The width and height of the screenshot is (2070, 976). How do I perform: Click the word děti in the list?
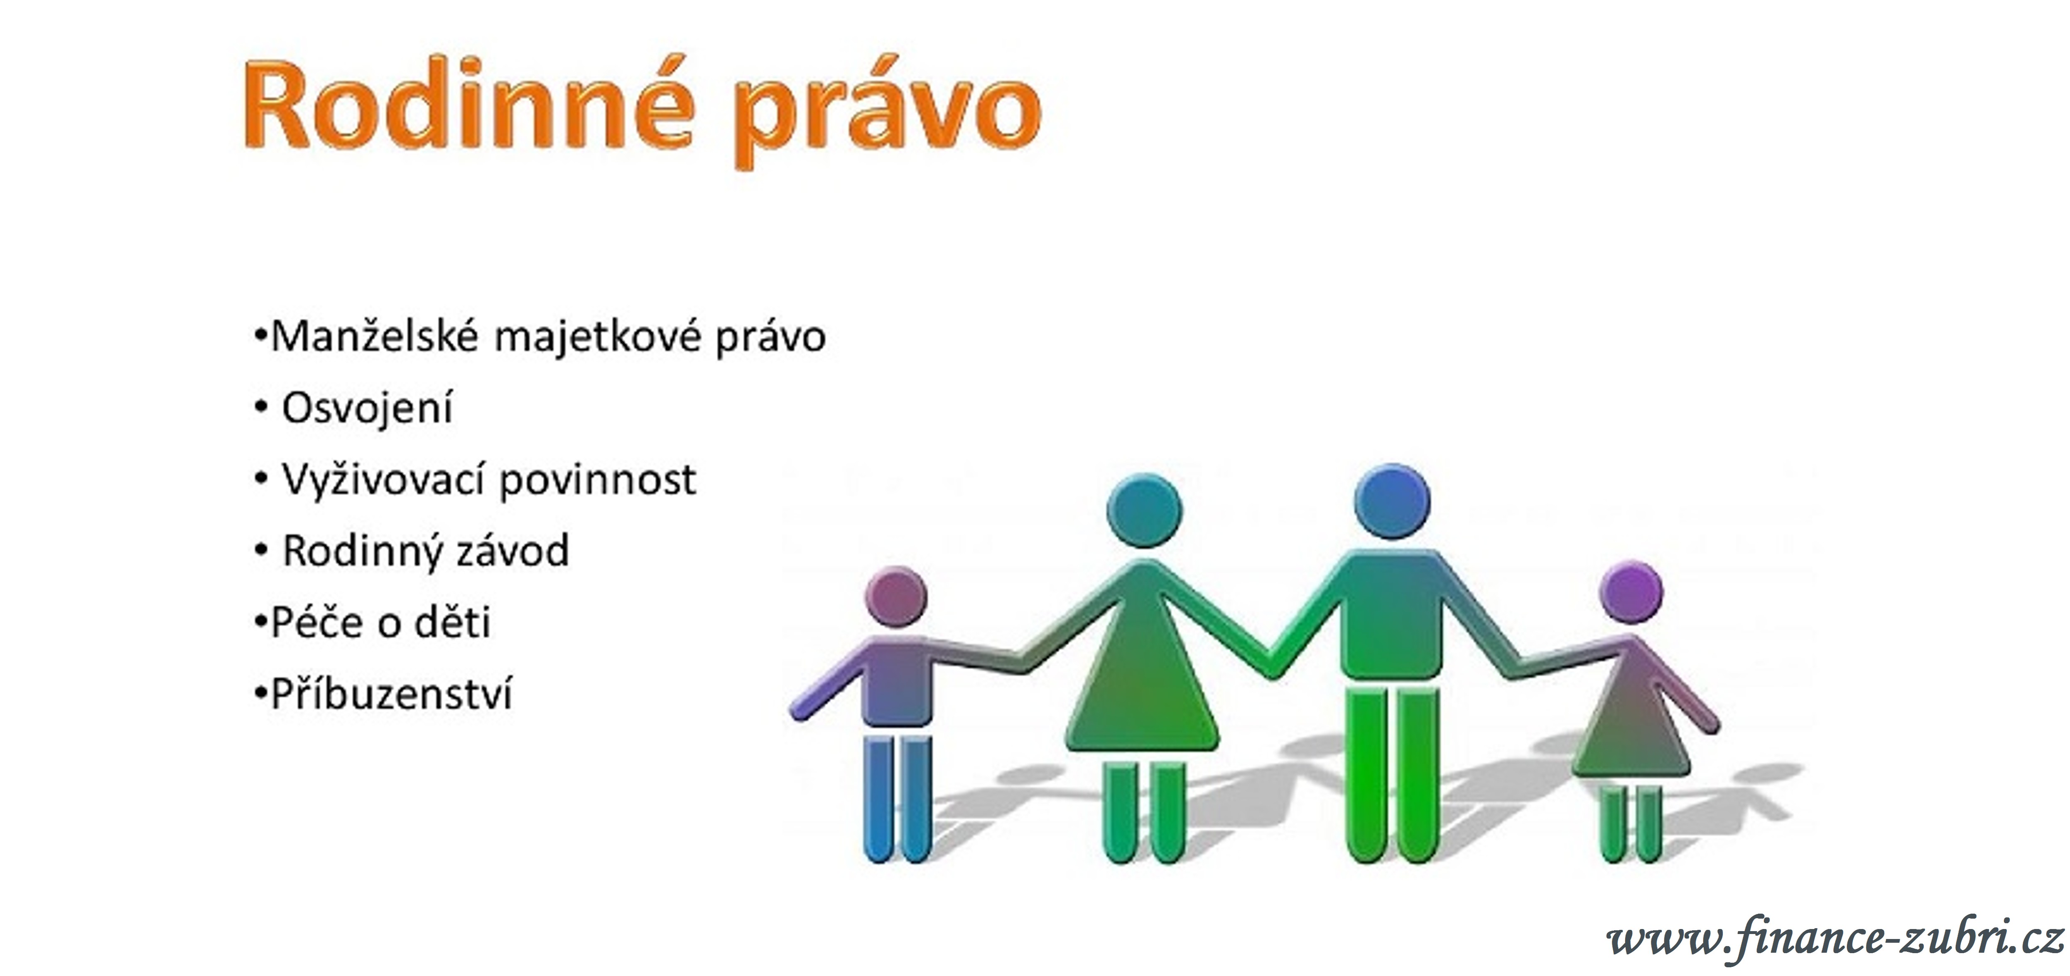[451, 622]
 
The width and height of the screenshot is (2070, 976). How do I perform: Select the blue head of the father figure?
[1392, 502]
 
